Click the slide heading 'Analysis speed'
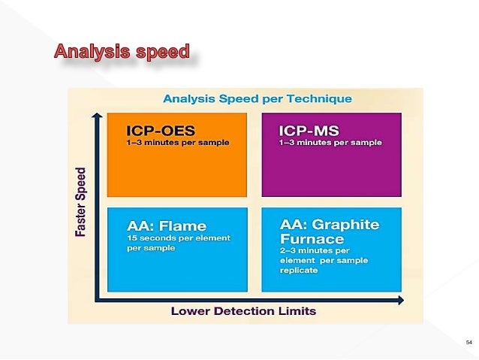(x=122, y=53)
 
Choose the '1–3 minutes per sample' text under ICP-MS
(x=330, y=143)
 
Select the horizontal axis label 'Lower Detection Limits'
(x=243, y=311)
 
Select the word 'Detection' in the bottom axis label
(x=244, y=311)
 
